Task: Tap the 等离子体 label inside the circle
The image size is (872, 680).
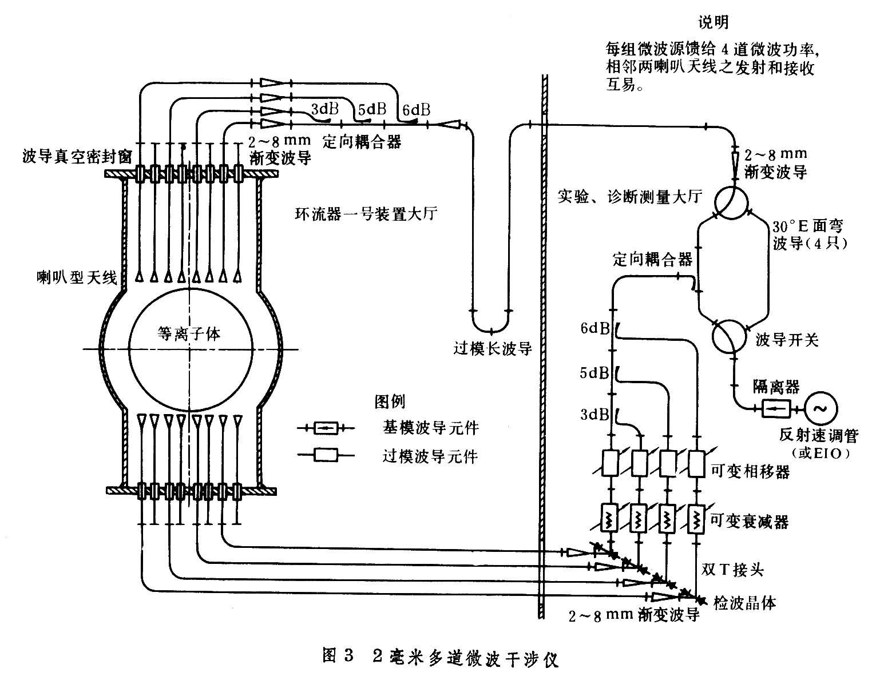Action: [x=189, y=334]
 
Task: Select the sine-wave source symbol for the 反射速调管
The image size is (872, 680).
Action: [x=821, y=408]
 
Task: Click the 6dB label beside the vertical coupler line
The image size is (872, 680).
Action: [x=595, y=328]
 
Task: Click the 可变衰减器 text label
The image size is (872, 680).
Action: [x=749, y=522]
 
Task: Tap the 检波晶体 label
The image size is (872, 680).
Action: [x=745, y=602]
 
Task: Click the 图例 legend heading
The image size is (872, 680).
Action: [x=390, y=402]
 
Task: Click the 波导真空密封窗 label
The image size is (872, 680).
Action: [x=77, y=156]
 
